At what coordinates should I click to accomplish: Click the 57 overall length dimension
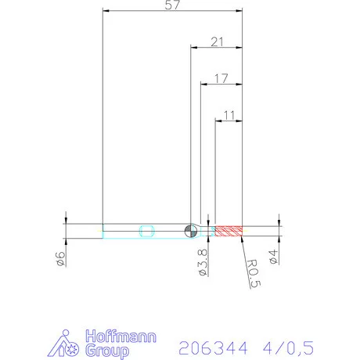click(x=173, y=5)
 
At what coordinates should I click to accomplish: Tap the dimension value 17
click(x=221, y=78)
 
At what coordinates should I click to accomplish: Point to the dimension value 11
click(x=229, y=115)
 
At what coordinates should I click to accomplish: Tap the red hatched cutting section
click(x=229, y=230)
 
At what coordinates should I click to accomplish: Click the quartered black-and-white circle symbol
click(x=190, y=230)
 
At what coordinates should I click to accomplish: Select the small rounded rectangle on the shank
click(x=146, y=230)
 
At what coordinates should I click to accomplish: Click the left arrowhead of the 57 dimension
click(x=106, y=12)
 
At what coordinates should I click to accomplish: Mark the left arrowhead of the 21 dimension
click(x=194, y=49)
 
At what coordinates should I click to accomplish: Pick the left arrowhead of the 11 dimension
click(x=219, y=121)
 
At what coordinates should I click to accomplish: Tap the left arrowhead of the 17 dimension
click(x=204, y=85)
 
